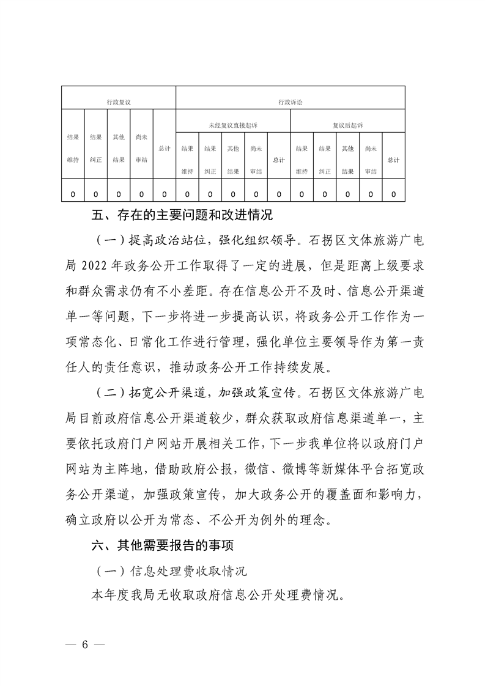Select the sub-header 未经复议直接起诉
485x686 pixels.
(232, 125)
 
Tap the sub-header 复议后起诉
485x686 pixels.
(347, 125)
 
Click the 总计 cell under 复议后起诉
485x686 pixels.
(393, 160)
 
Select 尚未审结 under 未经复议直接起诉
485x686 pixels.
(256, 160)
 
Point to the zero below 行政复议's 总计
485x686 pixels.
(164, 194)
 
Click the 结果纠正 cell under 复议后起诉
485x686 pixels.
(325, 160)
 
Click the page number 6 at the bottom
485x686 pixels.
(86, 645)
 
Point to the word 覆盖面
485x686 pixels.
(317, 494)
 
